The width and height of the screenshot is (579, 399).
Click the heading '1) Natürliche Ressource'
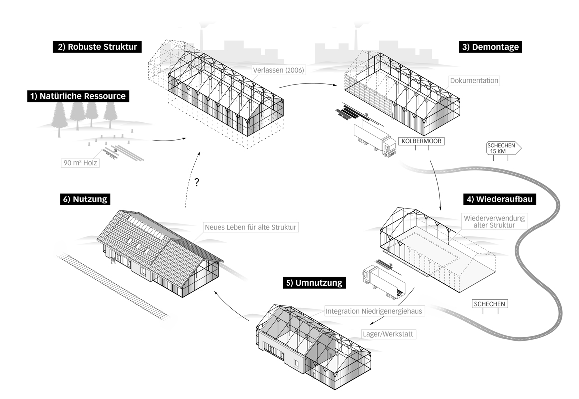tap(78, 96)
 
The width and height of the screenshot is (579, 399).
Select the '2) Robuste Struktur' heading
tap(97, 47)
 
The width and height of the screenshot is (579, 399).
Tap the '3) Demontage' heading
tap(490, 47)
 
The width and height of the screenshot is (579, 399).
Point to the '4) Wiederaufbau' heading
tap(499, 199)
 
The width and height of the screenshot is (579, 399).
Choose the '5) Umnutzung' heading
tap(314, 283)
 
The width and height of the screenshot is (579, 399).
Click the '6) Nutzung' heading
tap(85, 199)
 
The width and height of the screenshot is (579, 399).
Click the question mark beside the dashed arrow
tap(197, 182)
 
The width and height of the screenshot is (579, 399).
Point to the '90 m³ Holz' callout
tap(80, 163)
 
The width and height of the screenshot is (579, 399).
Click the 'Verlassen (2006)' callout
tap(279, 70)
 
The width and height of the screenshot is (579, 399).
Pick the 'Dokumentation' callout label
tap(474, 80)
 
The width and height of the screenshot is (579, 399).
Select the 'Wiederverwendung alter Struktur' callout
tap(494, 221)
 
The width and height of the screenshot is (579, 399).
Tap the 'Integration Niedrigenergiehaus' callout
tap(374, 311)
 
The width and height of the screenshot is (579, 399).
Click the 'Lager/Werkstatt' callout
tap(388, 334)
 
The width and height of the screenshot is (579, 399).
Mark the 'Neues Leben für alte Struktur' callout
tap(251, 227)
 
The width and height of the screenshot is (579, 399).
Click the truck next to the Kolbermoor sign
tap(374, 140)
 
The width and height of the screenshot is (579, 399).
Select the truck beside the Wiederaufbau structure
tap(384, 281)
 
